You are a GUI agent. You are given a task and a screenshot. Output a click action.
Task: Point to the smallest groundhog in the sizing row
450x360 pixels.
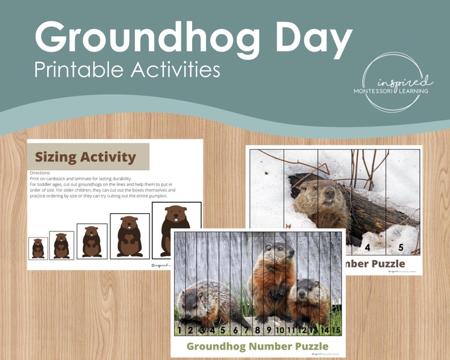point(38,248)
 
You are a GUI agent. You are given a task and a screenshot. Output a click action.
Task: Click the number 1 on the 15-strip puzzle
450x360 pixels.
point(180,330)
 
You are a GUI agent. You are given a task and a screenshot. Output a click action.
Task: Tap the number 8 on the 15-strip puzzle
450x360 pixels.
point(257,330)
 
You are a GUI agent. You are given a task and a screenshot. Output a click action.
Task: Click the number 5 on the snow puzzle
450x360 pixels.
point(400,247)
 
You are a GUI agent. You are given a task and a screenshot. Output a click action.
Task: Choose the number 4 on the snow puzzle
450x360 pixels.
point(367,247)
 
